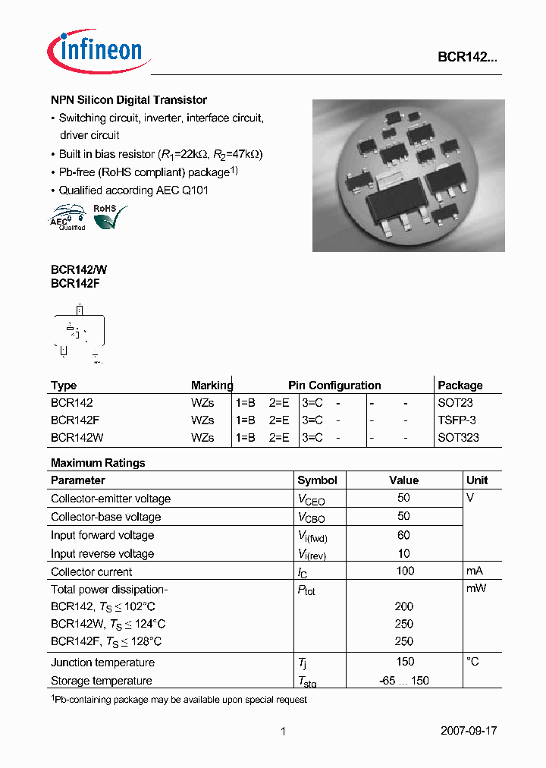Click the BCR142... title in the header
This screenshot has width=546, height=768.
[x=467, y=57]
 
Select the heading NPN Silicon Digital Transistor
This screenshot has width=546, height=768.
[x=129, y=100]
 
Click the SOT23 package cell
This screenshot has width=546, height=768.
[x=455, y=402]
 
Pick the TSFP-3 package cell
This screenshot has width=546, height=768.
[x=457, y=420]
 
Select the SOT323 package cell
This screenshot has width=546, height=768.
[x=458, y=437]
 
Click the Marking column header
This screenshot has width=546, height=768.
[x=212, y=386]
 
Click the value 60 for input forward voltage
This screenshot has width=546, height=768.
[x=403, y=535]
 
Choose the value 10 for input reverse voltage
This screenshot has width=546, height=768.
[x=403, y=553]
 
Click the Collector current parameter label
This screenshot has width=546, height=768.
[x=91, y=572]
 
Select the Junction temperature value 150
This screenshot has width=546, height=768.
[x=404, y=662]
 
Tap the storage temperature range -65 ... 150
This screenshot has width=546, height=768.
[x=404, y=681]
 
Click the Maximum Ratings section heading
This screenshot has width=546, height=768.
[x=98, y=463]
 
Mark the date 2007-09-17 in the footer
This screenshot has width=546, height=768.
[x=469, y=731]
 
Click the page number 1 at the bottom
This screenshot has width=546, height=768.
[x=283, y=732]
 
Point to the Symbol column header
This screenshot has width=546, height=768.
[x=317, y=480]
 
